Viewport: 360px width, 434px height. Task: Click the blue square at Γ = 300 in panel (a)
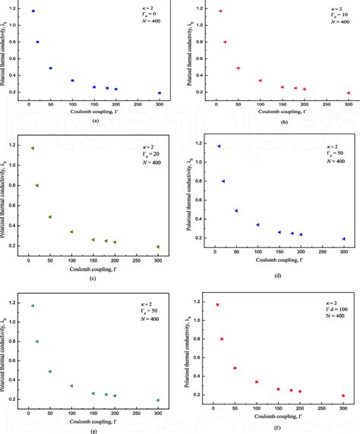[x=159, y=93]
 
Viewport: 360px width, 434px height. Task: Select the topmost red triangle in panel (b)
[x=220, y=11]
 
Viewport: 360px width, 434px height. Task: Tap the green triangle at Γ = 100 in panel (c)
[x=72, y=232]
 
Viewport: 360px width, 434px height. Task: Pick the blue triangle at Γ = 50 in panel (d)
[x=236, y=211]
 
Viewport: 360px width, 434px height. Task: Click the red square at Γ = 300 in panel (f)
[x=343, y=395]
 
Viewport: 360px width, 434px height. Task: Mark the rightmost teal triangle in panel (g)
[x=158, y=400]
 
